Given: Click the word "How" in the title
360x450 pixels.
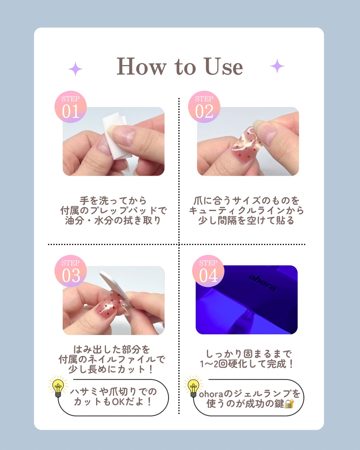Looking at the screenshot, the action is (141, 66).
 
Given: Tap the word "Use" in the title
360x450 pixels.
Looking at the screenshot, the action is (224, 66).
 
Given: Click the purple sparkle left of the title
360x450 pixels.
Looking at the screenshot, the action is (76, 69).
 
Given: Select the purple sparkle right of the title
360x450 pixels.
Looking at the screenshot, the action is (277, 66).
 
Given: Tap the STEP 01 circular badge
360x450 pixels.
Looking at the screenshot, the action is (71, 107).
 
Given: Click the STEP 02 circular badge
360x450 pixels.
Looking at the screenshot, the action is (204, 107).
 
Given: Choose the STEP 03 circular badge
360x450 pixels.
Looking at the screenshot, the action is (71, 271).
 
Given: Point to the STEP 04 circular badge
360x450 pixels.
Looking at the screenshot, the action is (208, 271).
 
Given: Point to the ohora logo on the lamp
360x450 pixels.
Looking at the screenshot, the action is (262, 283).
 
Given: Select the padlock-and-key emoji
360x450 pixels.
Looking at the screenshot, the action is (289, 404).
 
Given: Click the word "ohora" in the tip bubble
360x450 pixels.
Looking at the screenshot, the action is (211, 394).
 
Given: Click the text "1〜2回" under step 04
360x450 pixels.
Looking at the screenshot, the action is (213, 364).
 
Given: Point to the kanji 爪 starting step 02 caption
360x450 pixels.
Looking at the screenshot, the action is (198, 201).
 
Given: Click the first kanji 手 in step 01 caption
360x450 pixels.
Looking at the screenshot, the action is (84, 201).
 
